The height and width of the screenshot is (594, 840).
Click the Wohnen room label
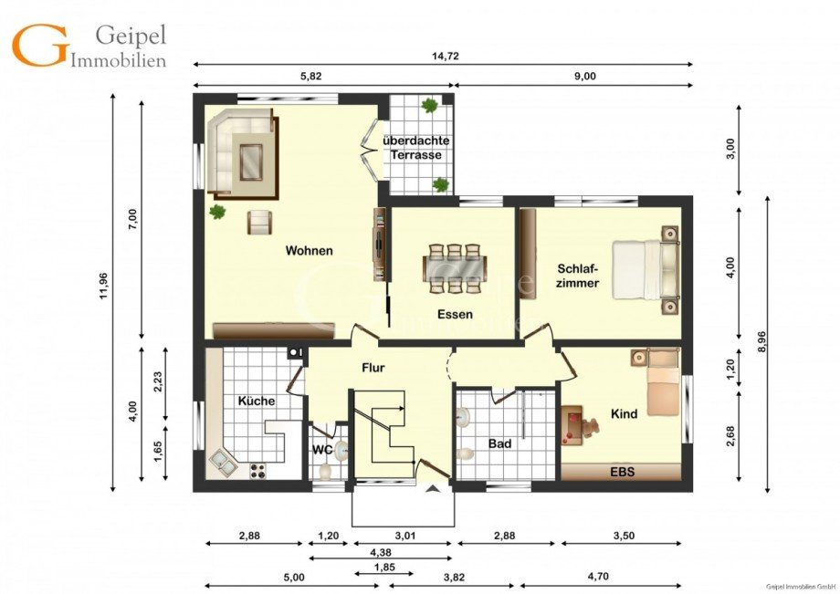pos(310,250)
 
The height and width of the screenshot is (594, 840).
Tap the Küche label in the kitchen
pos(257,401)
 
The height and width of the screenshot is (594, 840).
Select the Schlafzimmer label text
pos(577,276)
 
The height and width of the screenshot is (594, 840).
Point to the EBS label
pos(623,472)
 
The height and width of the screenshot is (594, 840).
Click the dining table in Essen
pos(455,268)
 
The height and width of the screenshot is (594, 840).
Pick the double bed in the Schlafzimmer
pos(646,269)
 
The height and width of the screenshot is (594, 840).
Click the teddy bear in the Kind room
pos(591,428)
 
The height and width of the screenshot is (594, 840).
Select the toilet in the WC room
pos(325,471)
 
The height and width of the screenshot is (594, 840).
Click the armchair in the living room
pos(260,222)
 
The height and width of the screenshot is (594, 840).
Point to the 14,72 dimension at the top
pos(446,56)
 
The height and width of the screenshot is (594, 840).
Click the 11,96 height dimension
pos(103,287)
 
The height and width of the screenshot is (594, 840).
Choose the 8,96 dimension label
pos(761,342)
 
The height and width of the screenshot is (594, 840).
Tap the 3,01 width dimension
pos(405,535)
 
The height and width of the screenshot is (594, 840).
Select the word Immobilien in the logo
pos(119,60)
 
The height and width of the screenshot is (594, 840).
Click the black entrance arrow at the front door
pos(434,488)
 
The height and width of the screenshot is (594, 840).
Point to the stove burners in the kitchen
pos(257,471)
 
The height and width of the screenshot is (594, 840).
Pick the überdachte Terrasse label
pos(416,148)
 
